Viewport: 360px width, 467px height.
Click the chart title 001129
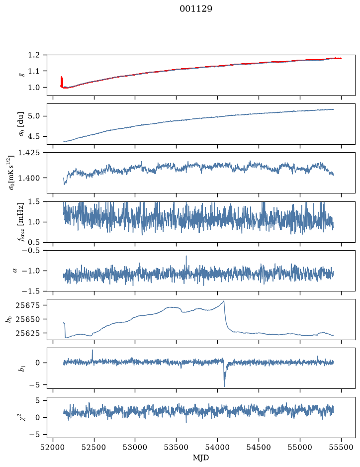(195, 9)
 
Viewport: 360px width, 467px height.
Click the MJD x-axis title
(200, 458)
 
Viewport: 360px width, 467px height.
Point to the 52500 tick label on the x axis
(94, 447)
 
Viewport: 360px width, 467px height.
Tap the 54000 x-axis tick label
(217, 447)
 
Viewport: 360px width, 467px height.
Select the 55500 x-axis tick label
(341, 447)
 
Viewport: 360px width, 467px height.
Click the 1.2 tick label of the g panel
(34, 55)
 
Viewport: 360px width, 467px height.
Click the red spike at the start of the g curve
(62, 82)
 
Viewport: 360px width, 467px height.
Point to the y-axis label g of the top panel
(21, 75)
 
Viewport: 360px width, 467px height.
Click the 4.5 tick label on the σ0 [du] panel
(34, 136)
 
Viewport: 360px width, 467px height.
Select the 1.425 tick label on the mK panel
(29, 153)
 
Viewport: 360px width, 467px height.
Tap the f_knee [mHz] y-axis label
(21, 222)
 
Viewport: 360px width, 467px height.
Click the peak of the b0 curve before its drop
(224, 301)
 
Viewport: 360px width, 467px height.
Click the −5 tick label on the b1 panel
(34, 384)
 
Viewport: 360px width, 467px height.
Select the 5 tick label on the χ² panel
(37, 400)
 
